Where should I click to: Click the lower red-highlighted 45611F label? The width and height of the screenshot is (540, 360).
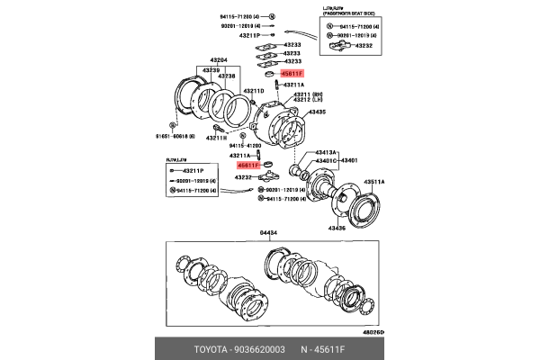(x=247, y=166)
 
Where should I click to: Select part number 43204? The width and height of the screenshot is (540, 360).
(x=219, y=61)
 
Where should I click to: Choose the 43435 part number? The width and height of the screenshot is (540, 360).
(x=317, y=112)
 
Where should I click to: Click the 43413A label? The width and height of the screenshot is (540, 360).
(x=324, y=154)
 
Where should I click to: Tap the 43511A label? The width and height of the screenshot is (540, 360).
(x=373, y=182)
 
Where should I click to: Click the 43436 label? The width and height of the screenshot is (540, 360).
(x=337, y=229)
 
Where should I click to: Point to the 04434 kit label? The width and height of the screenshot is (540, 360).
(x=270, y=233)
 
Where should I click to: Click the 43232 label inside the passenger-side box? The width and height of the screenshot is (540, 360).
(x=364, y=44)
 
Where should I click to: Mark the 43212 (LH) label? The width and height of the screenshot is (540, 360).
(x=301, y=100)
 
